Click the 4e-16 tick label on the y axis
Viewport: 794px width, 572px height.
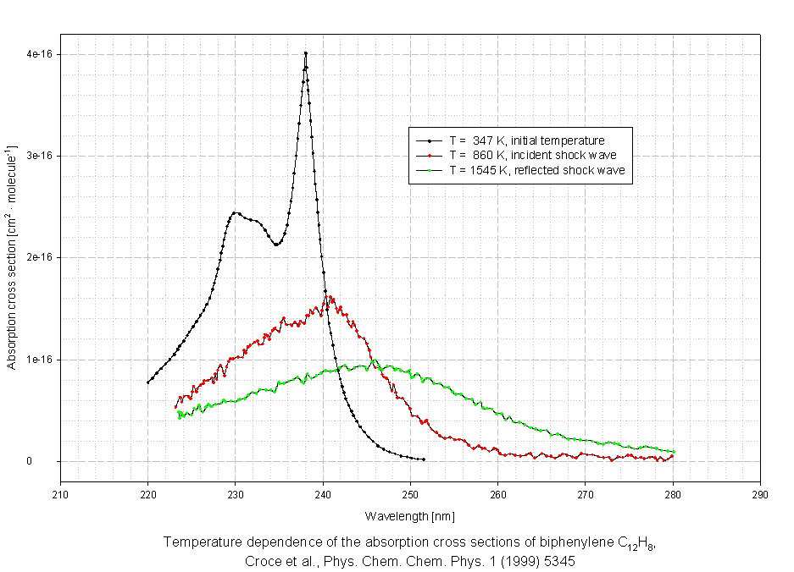pyautogui.click(x=40, y=54)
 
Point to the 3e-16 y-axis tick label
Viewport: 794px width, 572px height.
pyautogui.click(x=40, y=156)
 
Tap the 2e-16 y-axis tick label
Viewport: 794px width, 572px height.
pyautogui.click(x=40, y=257)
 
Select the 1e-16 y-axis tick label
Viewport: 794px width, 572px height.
pyautogui.click(x=40, y=360)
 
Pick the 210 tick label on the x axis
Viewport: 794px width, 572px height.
pyautogui.click(x=60, y=495)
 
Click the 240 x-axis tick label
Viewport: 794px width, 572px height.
pyautogui.click(x=323, y=495)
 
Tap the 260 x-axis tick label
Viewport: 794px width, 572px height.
pyautogui.click(x=497, y=495)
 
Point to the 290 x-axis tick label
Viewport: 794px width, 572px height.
pyautogui.click(x=760, y=495)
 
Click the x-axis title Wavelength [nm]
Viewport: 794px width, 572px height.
pyautogui.click(x=410, y=515)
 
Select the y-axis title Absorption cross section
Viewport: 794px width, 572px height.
pyautogui.click(x=12, y=258)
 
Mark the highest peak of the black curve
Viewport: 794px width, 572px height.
pyautogui.click(x=305, y=53)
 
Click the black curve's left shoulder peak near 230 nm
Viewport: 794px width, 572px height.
pyautogui.click(x=235, y=212)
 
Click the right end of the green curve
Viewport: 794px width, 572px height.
pyautogui.click(x=673, y=452)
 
